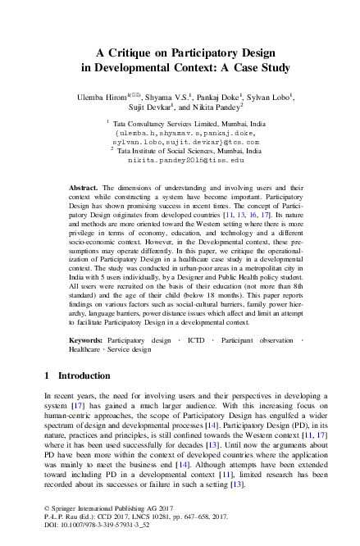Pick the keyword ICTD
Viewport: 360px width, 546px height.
coord(196,339)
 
